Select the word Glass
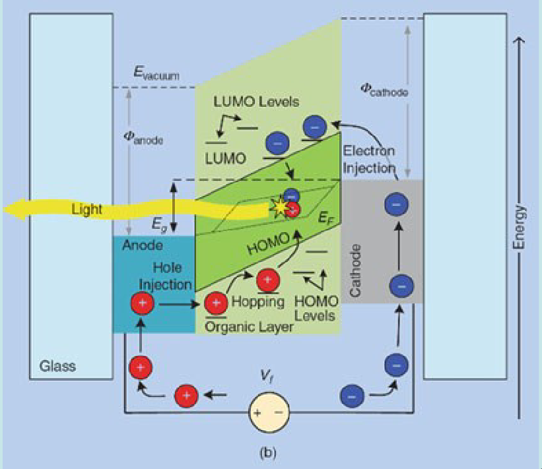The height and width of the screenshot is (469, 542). [57, 366]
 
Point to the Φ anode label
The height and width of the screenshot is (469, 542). [143, 139]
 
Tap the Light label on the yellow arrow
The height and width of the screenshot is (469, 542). [86, 209]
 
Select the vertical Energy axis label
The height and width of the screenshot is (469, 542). [521, 228]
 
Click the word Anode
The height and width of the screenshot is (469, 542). [143, 245]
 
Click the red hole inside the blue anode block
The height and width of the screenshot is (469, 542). [142, 304]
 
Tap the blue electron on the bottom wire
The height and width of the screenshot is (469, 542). [352, 396]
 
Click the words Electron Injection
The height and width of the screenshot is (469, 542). [368, 159]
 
